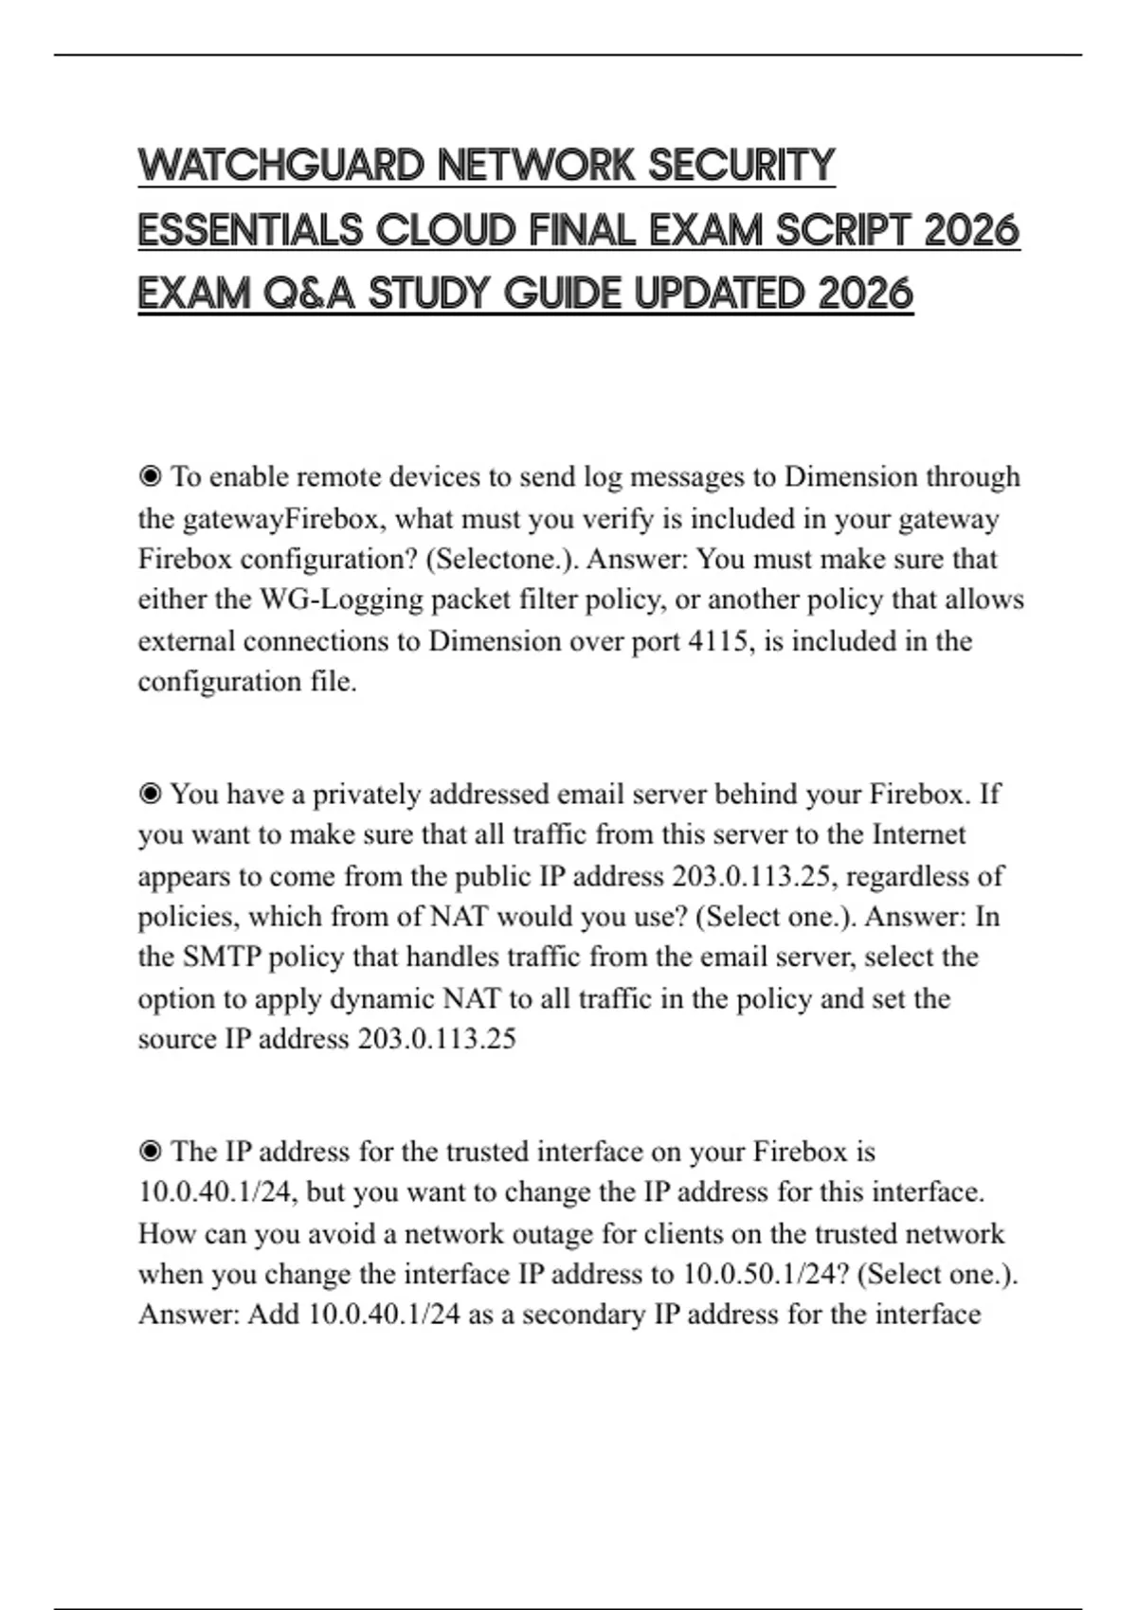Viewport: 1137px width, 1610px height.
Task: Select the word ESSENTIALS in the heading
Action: point(250,230)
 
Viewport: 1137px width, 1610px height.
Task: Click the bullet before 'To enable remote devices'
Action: point(150,476)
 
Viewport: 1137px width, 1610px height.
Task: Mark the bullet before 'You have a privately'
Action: point(150,794)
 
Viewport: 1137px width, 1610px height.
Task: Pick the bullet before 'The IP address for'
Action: point(150,1152)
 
